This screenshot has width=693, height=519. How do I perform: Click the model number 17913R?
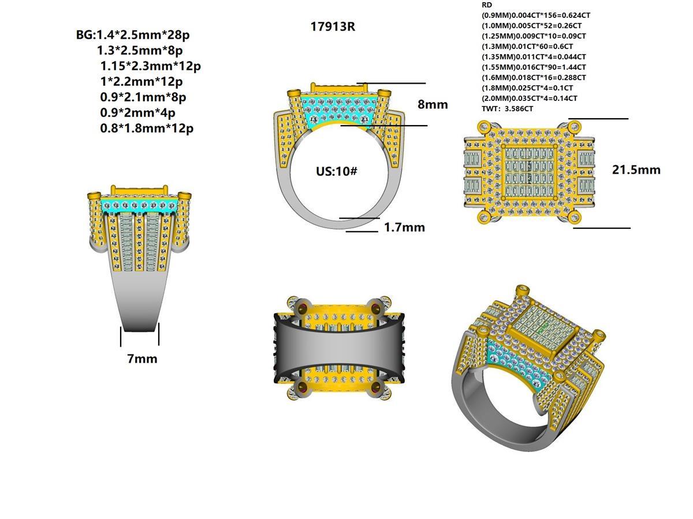click(333, 27)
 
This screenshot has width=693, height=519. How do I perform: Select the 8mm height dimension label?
click(433, 104)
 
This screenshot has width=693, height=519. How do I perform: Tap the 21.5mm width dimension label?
click(636, 170)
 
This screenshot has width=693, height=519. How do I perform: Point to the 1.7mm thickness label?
click(404, 227)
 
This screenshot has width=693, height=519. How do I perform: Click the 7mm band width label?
click(142, 359)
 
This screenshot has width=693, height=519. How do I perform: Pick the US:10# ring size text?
click(337, 171)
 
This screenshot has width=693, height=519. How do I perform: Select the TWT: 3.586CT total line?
click(507, 108)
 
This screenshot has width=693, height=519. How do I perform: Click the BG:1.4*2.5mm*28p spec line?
click(133, 35)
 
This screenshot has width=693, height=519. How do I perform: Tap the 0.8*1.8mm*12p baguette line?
click(147, 128)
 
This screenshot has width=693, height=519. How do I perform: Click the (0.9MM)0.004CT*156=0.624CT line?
click(536, 16)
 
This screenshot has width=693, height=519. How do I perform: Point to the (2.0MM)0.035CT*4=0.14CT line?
click(529, 98)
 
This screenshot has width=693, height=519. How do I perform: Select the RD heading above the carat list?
click(487, 5)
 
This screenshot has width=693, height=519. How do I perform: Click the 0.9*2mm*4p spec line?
click(137, 112)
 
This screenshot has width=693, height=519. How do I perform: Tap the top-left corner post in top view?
click(483, 127)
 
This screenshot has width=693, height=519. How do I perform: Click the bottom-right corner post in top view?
click(574, 217)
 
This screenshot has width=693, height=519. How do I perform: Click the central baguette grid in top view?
click(528, 171)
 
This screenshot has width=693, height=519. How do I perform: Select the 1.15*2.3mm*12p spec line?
click(150, 66)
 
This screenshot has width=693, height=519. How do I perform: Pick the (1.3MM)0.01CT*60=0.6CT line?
click(527, 46)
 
